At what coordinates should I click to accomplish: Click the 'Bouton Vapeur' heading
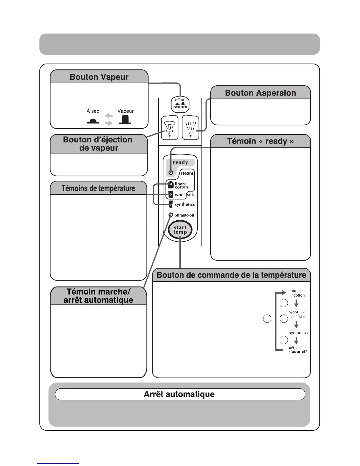pyautogui.click(x=99, y=77)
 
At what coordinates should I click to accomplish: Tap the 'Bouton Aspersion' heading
pyautogui.click(x=260, y=93)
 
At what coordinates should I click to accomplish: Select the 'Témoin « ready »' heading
pyautogui.click(x=260, y=141)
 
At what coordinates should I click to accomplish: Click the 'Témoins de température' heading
pyautogui.click(x=98, y=188)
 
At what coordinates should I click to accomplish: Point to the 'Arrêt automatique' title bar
pyautogui.click(x=179, y=394)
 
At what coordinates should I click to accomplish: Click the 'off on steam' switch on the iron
pyautogui.click(x=180, y=104)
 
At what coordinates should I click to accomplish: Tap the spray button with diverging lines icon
pyautogui.click(x=191, y=128)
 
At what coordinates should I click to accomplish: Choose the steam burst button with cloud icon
pyautogui.click(x=170, y=128)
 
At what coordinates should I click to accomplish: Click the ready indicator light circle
pyautogui.click(x=171, y=172)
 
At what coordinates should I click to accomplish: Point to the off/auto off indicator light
pyautogui.click(x=171, y=215)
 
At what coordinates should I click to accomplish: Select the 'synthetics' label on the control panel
pyautogui.click(x=185, y=204)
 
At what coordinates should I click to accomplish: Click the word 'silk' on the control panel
pyautogui.click(x=191, y=194)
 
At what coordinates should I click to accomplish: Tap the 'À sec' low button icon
pyautogui.click(x=93, y=121)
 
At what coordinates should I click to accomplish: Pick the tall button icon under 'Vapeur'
pyautogui.click(x=125, y=119)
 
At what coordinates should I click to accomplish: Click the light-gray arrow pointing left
pyautogui.click(x=109, y=116)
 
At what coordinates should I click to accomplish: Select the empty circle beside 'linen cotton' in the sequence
pyautogui.click(x=284, y=303)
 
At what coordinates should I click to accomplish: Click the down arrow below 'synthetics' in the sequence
pyautogui.click(x=296, y=340)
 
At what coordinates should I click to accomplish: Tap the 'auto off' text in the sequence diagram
pyautogui.click(x=299, y=352)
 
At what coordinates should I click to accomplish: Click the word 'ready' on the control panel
pyautogui.click(x=180, y=162)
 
